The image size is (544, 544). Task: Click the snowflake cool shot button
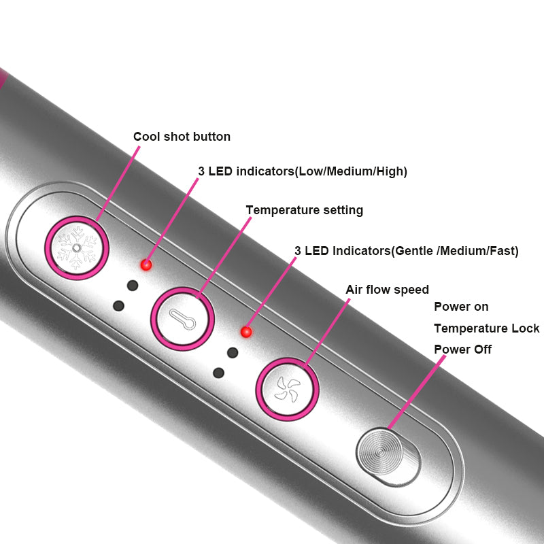[x=77, y=248]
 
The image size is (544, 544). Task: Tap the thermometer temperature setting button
[x=182, y=318]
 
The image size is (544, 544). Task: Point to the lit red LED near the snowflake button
[x=146, y=265]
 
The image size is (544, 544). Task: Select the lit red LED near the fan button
[x=246, y=332]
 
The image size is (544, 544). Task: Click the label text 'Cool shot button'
[x=182, y=137]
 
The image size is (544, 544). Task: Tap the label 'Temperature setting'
[x=304, y=210]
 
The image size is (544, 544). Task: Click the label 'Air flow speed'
[x=387, y=290]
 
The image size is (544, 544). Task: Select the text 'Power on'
[x=461, y=307]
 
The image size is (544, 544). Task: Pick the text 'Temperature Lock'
[x=486, y=328]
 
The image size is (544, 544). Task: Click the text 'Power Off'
[x=462, y=350]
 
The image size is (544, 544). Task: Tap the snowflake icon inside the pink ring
[x=77, y=249]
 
